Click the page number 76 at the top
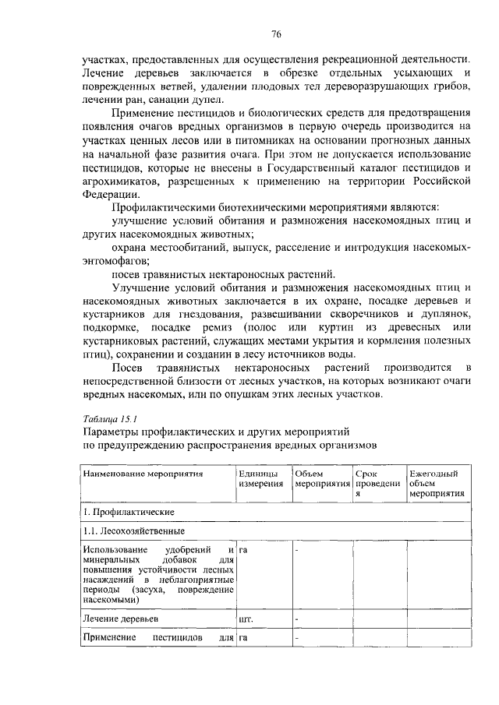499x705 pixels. click(275, 34)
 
